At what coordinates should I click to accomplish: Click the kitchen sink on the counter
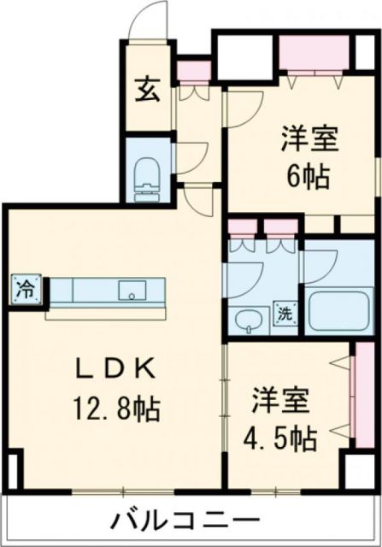pos(132,290)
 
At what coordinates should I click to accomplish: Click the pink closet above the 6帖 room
pos(315,56)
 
